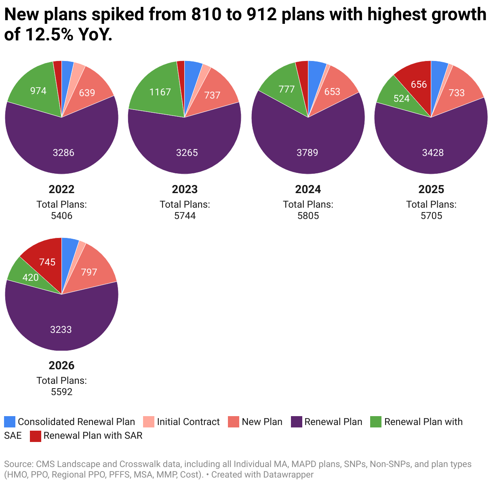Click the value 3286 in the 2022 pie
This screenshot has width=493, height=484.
tap(63, 153)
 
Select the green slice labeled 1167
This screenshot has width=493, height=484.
tap(160, 92)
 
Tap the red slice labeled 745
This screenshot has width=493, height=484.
tap(47, 262)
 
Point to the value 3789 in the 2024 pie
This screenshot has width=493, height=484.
tap(308, 153)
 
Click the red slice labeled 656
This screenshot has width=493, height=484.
tap(419, 84)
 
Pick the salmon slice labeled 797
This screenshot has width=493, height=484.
tap(89, 272)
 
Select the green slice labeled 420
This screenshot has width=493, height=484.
tap(30, 278)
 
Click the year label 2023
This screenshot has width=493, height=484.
tap(185, 189)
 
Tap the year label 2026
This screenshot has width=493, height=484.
tap(61, 366)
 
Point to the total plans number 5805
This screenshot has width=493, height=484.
tap(308, 216)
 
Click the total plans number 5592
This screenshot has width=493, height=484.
tap(61, 392)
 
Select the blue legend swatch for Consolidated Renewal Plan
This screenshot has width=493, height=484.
tap(10, 422)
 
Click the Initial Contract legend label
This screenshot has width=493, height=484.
tap(188, 422)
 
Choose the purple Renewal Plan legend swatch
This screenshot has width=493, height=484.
tap(297, 422)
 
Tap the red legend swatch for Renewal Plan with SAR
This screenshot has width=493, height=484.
tap(36, 436)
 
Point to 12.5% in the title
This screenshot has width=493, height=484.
tap(49, 35)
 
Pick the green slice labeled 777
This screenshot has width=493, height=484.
tap(287, 89)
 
